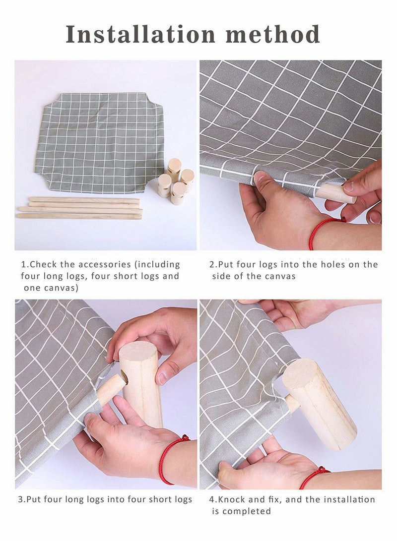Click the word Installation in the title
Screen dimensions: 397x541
(140, 34)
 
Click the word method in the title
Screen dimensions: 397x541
(273, 34)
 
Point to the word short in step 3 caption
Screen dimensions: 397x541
(160, 500)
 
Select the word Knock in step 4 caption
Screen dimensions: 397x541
(232, 500)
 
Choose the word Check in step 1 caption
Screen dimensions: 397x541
(44, 265)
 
